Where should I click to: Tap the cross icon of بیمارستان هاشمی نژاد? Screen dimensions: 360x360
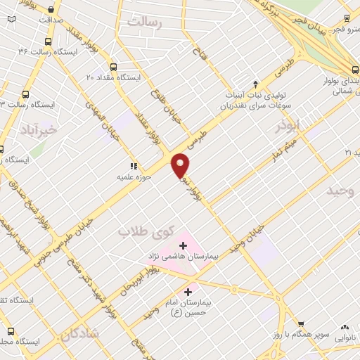click(x=184, y=245)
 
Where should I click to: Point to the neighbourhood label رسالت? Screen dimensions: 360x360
click(x=144, y=22)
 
